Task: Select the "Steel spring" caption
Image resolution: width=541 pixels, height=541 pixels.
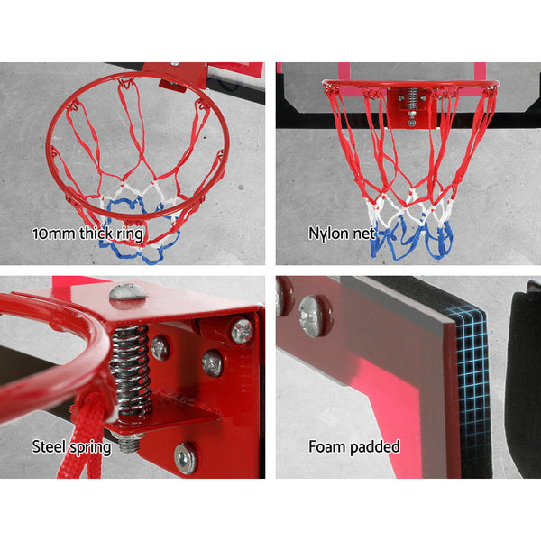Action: click(71, 446)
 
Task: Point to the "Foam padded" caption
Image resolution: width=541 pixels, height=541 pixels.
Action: click(354, 446)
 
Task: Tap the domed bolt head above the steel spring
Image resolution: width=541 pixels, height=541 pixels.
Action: click(127, 292)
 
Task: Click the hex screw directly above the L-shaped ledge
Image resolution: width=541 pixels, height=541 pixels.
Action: click(213, 362)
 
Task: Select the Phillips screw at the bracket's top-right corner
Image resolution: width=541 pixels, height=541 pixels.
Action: click(242, 330)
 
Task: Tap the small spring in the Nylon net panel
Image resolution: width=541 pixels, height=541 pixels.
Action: click(412, 98)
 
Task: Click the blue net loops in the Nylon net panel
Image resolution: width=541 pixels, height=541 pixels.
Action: click(410, 236)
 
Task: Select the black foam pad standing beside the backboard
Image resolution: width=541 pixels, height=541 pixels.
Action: click(523, 379)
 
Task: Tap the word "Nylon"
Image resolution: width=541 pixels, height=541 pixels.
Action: click(326, 233)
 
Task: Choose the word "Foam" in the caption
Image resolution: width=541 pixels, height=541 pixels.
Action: click(329, 446)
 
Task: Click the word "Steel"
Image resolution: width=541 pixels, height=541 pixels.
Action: click(50, 446)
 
